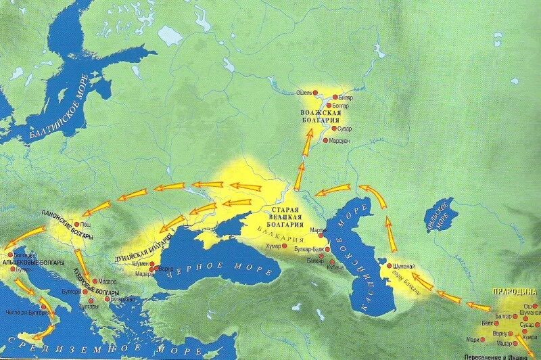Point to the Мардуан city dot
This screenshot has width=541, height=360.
click(325, 140)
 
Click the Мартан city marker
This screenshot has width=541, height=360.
click(321, 231)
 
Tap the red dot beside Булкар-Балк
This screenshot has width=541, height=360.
click(328, 248)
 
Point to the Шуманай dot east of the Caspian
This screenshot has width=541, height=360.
click(390, 266)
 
